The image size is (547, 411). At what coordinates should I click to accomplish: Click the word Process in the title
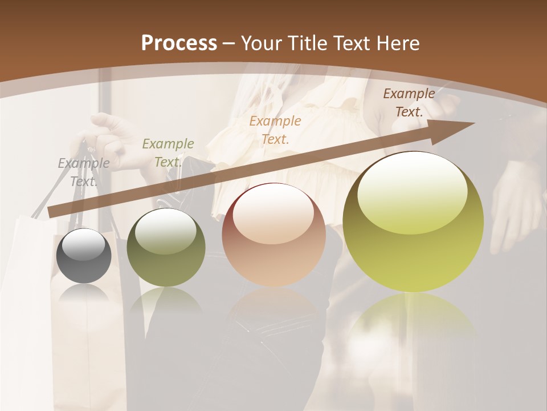pyautogui.click(x=179, y=43)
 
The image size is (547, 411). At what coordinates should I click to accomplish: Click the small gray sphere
pyautogui.click(x=84, y=256)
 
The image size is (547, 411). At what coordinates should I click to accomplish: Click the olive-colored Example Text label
pyautogui.click(x=168, y=153)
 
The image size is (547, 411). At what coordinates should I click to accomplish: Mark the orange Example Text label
pyautogui.click(x=275, y=130)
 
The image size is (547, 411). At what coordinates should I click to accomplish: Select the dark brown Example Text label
pyautogui.click(x=409, y=103)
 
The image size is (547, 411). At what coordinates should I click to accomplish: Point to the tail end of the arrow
pyautogui.click(x=50, y=212)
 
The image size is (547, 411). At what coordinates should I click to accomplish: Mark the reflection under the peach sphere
pyautogui.click(x=273, y=308)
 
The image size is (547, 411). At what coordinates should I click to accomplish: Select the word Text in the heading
pyautogui.click(x=354, y=43)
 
